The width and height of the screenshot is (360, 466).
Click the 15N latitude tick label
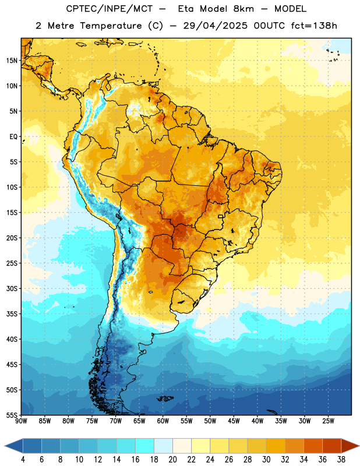[x=12, y=61]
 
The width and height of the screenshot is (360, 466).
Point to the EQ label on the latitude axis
[x=13, y=137]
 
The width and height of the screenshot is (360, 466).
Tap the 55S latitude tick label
[x=12, y=415]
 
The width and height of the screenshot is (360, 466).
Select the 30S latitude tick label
[x=12, y=288]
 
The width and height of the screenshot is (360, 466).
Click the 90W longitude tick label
[x=21, y=421]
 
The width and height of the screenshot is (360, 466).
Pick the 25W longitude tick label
[x=328, y=421]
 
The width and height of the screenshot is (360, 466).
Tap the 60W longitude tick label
[x=163, y=421]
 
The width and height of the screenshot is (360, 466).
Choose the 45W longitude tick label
[x=234, y=421]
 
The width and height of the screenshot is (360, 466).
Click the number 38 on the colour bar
[x=341, y=460]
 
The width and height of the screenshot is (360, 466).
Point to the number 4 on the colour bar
[x=23, y=460]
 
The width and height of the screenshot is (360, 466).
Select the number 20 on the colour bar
[x=172, y=460]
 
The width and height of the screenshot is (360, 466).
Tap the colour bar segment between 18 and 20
[x=163, y=446]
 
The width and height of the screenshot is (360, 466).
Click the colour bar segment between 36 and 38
[x=332, y=446]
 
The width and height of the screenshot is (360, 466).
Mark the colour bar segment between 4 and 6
[x=32, y=446]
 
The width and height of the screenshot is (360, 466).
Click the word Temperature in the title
[x=111, y=26]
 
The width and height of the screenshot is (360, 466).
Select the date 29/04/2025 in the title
[x=215, y=26]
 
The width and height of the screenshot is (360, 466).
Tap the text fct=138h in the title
[x=314, y=26]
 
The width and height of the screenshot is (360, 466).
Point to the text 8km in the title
[x=243, y=9]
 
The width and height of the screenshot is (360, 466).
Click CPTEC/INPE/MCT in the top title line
[x=110, y=9]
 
